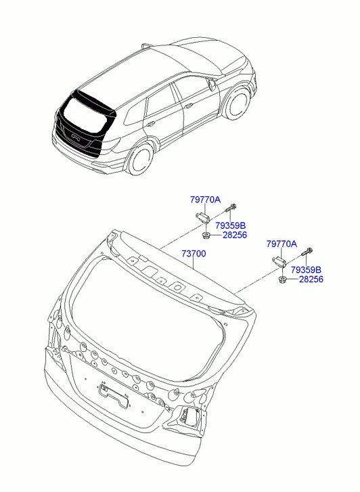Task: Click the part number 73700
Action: [194, 254]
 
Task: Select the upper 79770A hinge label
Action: [205, 200]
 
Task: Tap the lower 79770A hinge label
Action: [282, 244]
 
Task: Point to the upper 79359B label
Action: [230, 225]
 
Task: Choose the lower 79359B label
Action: [306, 270]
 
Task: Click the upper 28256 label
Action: [235, 235]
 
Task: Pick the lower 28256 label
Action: [311, 279]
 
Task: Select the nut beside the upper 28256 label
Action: [206, 236]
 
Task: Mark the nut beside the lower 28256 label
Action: [282, 279]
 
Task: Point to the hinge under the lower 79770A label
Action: [278, 261]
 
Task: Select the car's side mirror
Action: [211, 84]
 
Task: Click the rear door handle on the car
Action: [150, 123]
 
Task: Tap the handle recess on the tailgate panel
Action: [113, 396]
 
